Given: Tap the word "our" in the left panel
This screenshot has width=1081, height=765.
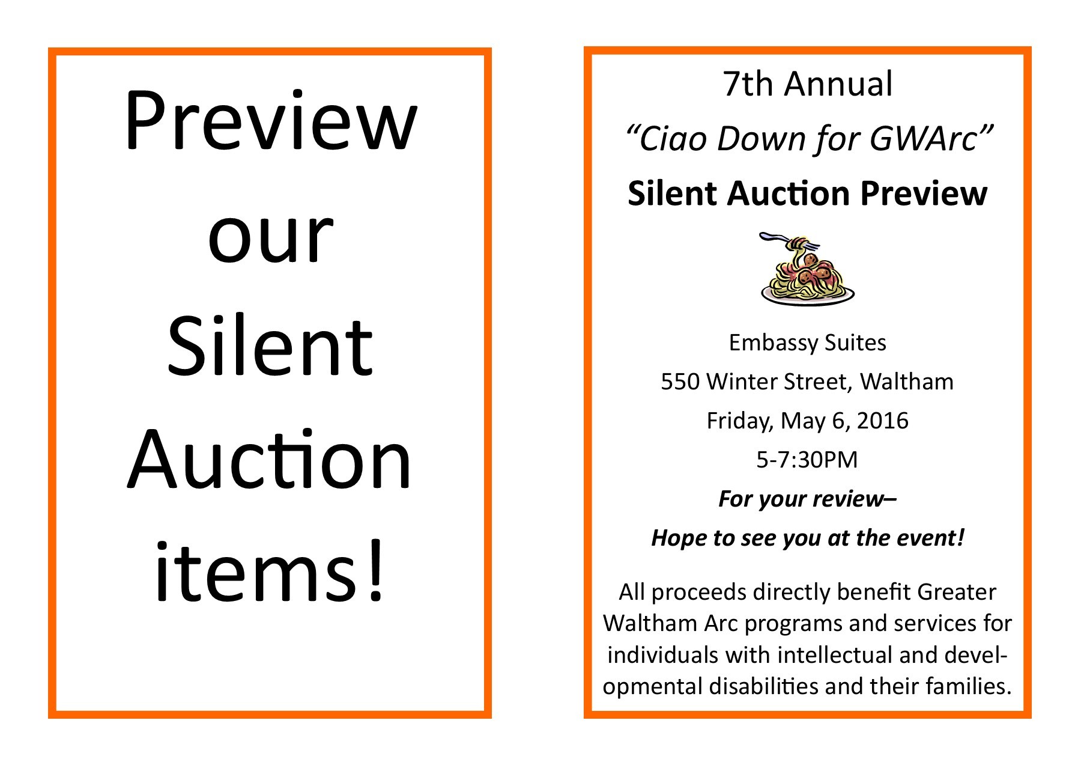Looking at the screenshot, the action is pos(270,239).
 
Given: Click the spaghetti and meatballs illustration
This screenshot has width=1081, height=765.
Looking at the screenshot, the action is pos(807,269).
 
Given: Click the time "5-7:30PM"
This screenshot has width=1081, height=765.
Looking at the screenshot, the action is pos(807,460).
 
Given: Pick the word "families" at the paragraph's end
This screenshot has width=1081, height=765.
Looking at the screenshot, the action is pos(969,686).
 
